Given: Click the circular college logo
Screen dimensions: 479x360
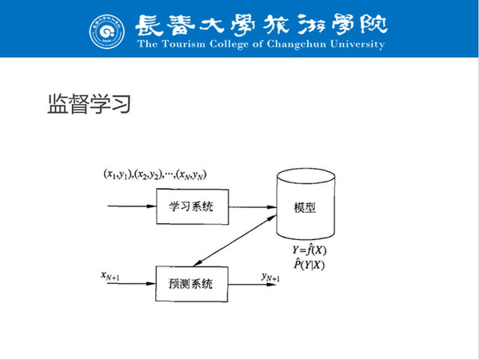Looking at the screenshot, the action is pos(107,32).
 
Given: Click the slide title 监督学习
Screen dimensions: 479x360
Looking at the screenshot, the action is pos(90,104).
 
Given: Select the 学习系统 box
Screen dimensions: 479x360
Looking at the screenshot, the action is pos(193,207).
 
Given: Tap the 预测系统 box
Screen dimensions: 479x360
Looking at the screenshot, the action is pos(192,284).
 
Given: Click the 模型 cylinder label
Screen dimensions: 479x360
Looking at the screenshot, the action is pos(305,207).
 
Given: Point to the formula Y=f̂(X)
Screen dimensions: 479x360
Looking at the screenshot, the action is pos(309,250).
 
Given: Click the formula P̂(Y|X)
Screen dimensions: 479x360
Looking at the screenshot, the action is pos(309,264).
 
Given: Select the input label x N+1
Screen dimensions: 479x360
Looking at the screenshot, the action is pos(110,276).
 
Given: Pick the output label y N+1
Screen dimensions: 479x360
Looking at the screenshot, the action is pos(270,277).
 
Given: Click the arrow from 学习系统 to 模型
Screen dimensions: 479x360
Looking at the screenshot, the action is pos(253,207).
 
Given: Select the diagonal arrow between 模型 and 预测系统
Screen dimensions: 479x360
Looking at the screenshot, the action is pos(235,240).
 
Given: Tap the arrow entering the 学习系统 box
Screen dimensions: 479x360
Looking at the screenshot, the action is pos(132,206).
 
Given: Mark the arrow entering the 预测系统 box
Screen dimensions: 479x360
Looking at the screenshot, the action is pos(131,283).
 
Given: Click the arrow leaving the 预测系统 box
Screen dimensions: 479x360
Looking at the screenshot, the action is pos(252,285).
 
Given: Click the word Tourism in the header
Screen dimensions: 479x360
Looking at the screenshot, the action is pos(184,44).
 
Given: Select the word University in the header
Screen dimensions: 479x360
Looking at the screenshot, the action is pos(357,45).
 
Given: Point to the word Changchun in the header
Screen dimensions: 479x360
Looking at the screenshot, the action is pos(297,45).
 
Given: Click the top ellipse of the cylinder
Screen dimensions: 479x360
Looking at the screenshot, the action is pos(305,176).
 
